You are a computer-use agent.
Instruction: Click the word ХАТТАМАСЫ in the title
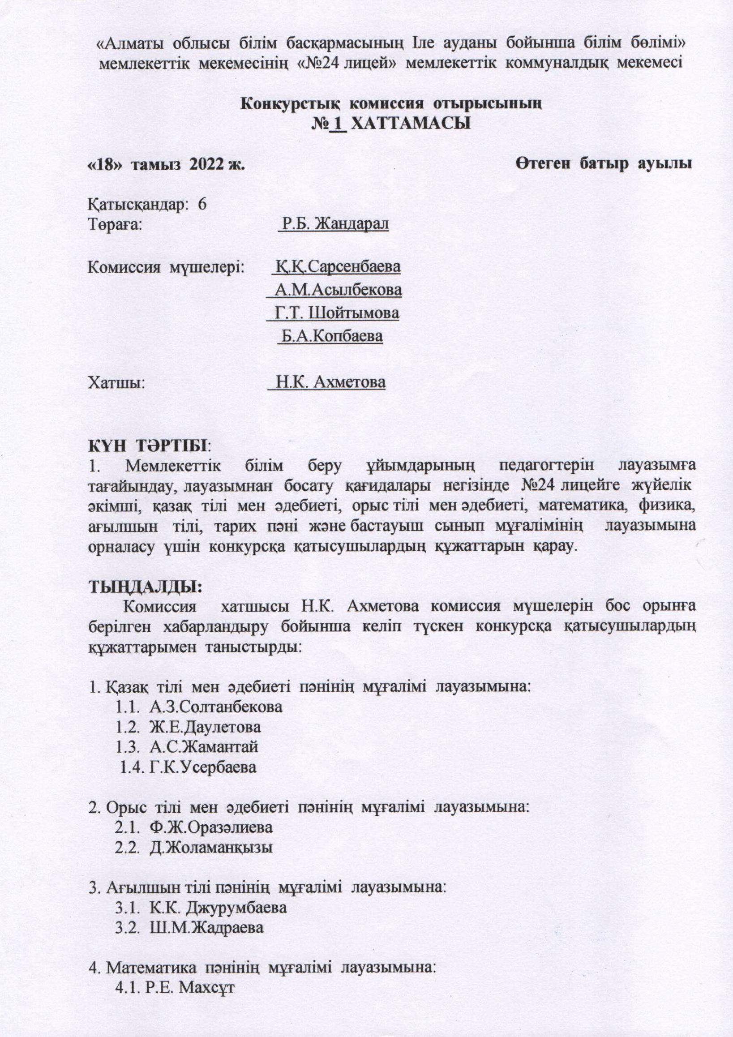(411, 123)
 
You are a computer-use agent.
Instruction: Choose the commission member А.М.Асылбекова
(338, 290)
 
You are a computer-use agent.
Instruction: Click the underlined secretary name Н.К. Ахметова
(330, 382)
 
